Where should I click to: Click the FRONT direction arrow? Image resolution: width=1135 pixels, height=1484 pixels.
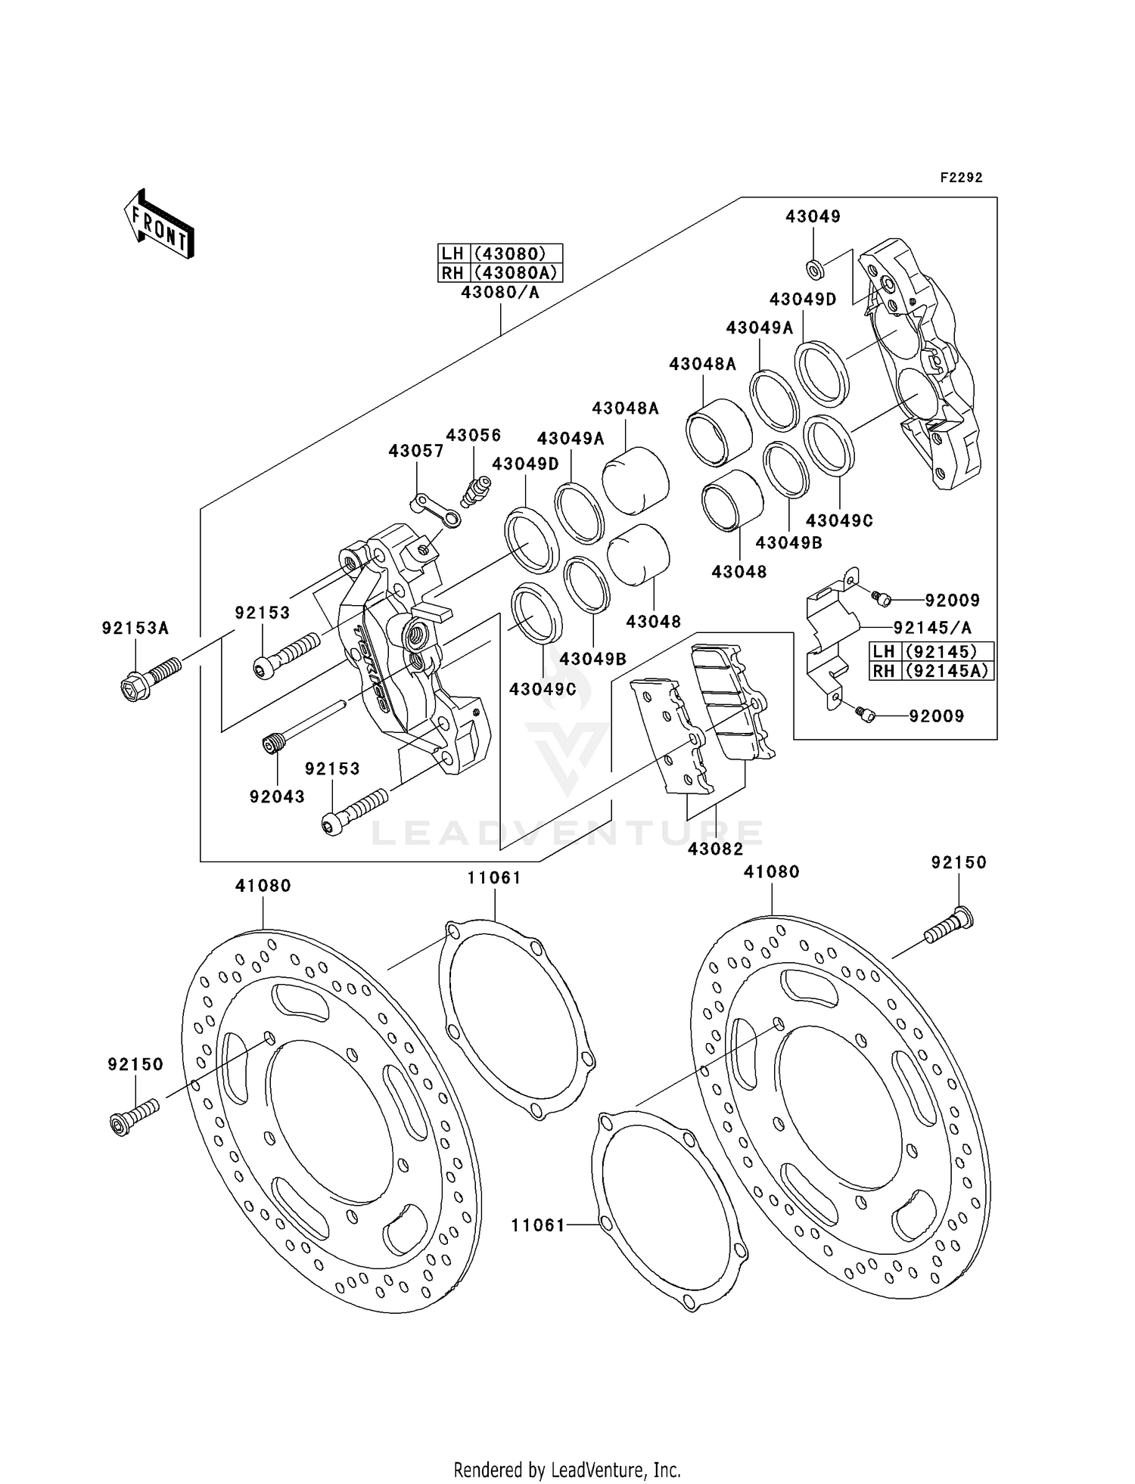[x=159, y=224]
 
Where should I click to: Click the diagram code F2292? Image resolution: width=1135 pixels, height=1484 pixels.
[x=961, y=178]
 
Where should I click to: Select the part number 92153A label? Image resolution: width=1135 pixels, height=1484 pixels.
[x=135, y=628]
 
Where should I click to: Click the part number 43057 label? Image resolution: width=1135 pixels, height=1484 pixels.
[x=416, y=451]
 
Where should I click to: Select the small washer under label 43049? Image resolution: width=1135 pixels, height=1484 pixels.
[x=815, y=267]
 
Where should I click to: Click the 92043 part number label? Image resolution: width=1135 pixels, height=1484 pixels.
[x=277, y=796]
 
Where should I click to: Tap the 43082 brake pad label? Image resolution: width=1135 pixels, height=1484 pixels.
[x=715, y=849]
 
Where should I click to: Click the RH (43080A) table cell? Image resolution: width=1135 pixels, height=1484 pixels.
[x=500, y=272]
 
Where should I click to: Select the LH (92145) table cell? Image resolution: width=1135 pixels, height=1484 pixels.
[x=931, y=651]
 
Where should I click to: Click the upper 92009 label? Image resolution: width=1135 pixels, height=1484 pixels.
[x=952, y=601]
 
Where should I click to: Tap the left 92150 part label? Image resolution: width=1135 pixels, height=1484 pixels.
[x=135, y=1064]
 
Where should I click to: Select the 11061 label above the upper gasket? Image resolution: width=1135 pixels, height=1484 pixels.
[x=494, y=877]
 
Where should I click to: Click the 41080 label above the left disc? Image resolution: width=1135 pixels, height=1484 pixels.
[x=263, y=885]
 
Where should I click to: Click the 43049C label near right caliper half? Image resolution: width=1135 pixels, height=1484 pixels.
[x=839, y=520]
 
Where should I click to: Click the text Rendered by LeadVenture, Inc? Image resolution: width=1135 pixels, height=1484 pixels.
[x=567, y=1470]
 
